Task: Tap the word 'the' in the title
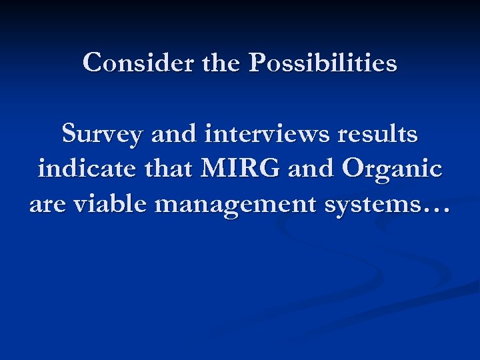point(219,63)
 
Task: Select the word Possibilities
point(323,63)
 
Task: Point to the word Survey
point(102,135)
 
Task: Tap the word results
point(377,135)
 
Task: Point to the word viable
point(109,203)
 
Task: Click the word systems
point(377,205)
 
